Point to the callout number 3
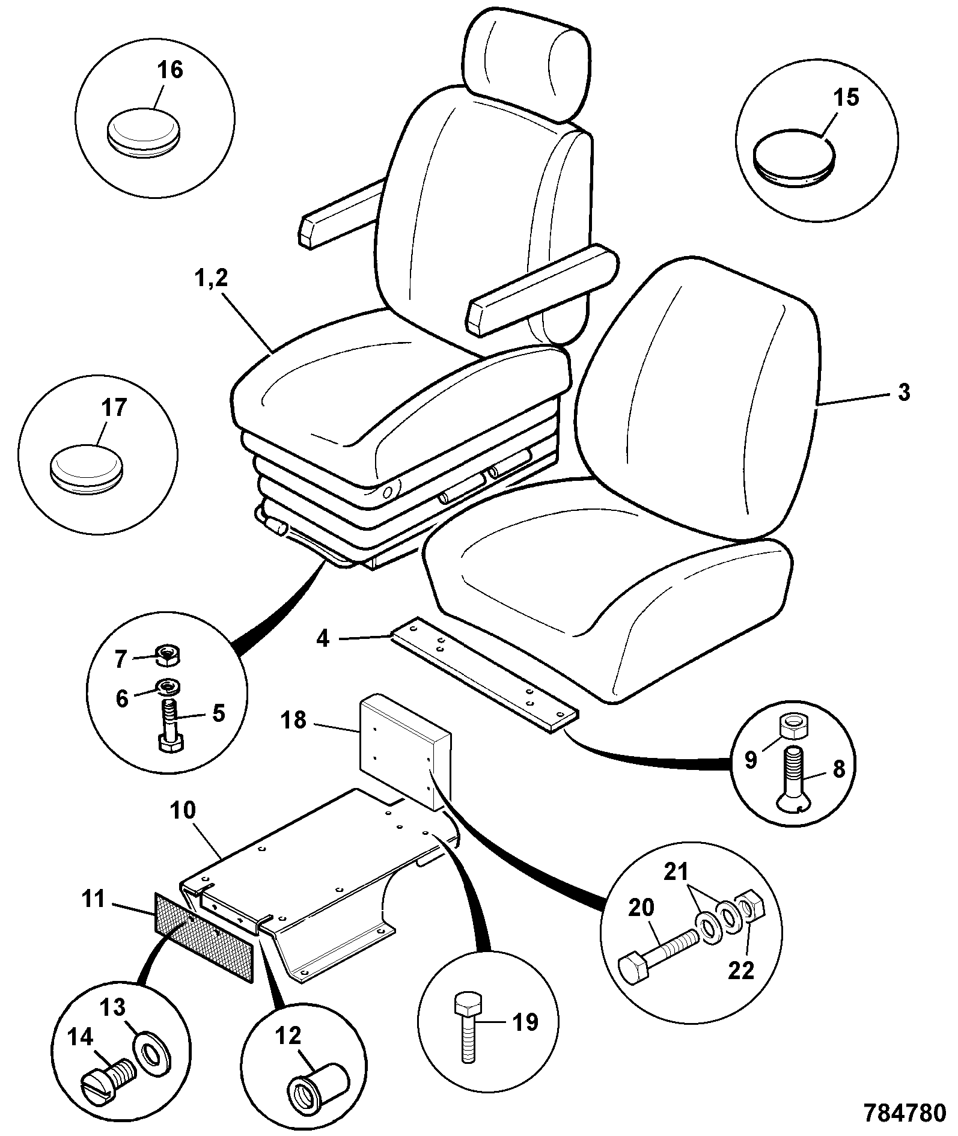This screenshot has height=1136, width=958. [903, 392]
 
